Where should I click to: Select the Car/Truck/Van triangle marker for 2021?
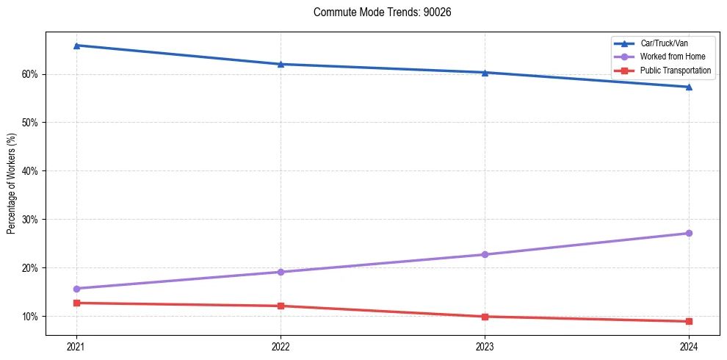76,46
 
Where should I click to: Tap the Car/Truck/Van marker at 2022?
281,64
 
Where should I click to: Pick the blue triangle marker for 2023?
485,73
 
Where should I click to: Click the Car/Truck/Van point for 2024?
689,87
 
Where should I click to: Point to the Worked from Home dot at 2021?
76,289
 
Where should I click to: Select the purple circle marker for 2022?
281,272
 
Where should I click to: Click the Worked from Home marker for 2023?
485,254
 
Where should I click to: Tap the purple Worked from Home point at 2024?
689,233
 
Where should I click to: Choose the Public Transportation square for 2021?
76,303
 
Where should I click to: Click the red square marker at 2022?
281,306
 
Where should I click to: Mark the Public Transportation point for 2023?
485,317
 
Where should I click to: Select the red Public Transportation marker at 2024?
689,321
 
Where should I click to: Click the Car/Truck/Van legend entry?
664,44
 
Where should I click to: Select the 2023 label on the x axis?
485,346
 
